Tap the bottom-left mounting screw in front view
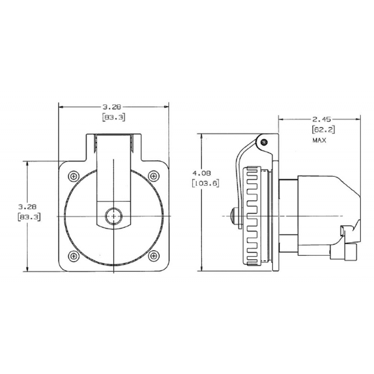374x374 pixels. pos(74,256)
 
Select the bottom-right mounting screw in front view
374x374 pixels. pos(153,256)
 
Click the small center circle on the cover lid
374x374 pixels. pos(113,216)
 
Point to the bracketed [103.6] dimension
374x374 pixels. pos(206,183)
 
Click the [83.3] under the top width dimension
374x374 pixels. pos(113,118)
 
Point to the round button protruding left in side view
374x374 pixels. pos(235,216)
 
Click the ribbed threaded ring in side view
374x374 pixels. pos(255,216)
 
